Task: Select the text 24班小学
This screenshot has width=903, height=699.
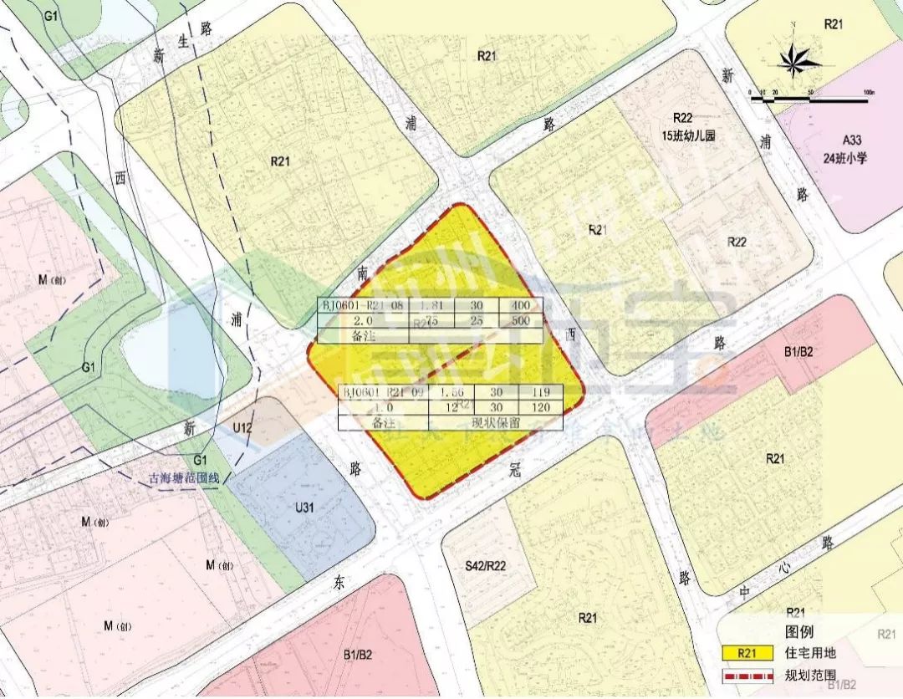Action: [843, 156]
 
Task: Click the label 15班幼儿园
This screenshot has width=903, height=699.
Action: [688, 135]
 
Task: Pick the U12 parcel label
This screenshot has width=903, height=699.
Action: [243, 428]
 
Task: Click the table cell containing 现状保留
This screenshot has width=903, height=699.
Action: [496, 422]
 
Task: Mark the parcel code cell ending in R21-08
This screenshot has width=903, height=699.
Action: [363, 307]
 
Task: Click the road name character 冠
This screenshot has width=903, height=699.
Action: [516, 471]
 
